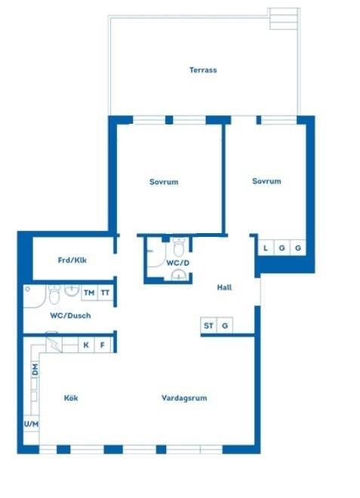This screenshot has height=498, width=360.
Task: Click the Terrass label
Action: pos(203,70)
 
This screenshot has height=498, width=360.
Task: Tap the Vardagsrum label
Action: pos(184,398)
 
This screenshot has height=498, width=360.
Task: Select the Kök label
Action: pos(71,398)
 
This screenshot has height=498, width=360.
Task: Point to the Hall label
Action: pos(224,287)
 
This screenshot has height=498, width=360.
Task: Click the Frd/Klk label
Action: pos(72,260)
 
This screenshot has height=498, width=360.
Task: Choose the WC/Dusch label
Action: pos(70,315)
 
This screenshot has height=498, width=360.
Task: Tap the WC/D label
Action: pos(178,263)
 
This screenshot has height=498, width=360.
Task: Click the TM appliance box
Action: pos(89,293)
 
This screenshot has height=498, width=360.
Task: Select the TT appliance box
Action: pos(105,293)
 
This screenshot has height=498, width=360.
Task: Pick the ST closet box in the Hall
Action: pos(208,325)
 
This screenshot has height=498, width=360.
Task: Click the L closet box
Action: pos(266,247)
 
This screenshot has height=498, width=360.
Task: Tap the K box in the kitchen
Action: pos(86,345)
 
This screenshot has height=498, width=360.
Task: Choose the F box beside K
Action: pos(103,345)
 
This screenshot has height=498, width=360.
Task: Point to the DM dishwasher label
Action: pos(35,370)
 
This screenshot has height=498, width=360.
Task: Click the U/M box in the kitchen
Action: pos(31,424)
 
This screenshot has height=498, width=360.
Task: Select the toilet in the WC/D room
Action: pos(179,247)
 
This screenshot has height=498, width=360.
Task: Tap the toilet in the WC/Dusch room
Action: pos(54,294)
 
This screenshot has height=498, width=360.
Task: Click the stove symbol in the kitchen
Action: pos(54,344)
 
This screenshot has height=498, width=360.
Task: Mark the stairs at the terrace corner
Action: pos(284,19)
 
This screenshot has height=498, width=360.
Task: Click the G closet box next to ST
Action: pos(225,325)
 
